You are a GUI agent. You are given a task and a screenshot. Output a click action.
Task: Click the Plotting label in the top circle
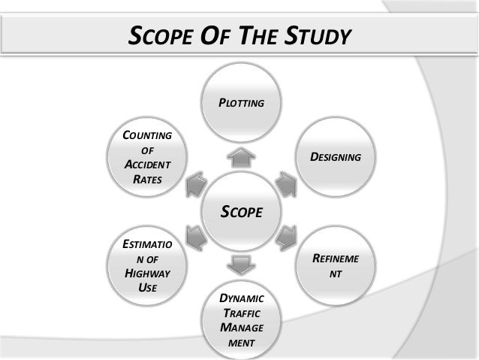pos(240,101)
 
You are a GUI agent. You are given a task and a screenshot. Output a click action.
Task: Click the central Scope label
pos(240,212)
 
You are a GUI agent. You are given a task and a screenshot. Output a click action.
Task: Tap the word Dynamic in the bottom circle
pos(240,299)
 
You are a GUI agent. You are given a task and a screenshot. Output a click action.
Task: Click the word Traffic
pos(240,313)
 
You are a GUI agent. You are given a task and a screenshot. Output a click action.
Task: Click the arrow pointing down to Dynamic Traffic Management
pos(240,265)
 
